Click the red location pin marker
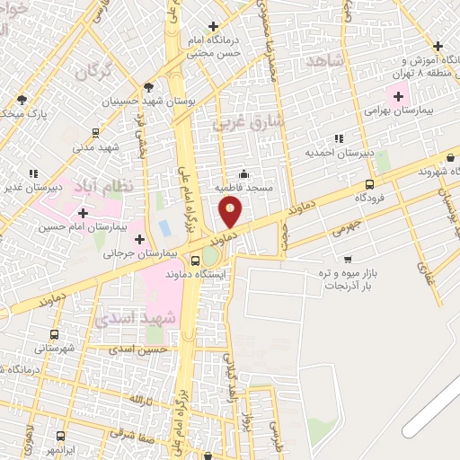coord(231,213)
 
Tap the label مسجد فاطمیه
coord(244,188)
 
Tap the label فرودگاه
coord(369,196)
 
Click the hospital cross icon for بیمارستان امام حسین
coord(83,213)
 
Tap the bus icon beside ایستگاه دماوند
coord(196,261)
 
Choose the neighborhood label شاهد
coord(324,60)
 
